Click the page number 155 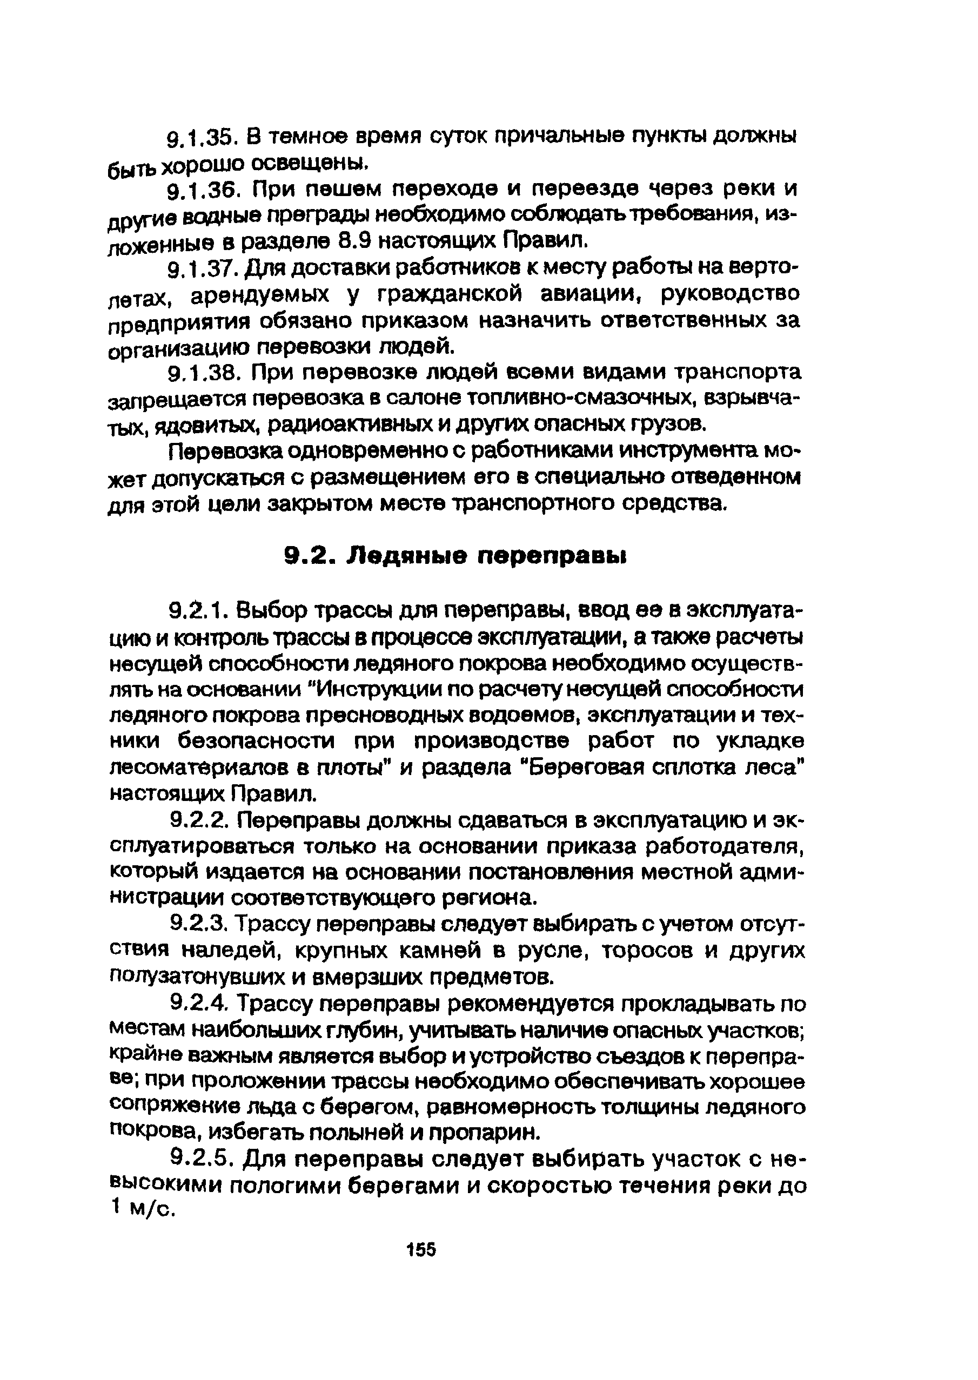click(x=421, y=1249)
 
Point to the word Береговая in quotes click(x=582, y=769)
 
